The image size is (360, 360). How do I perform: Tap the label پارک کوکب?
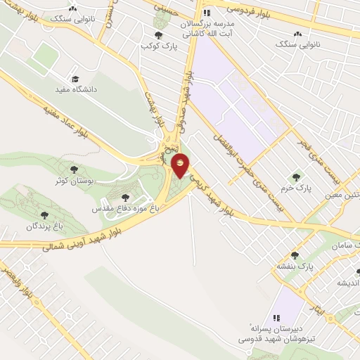(156, 46)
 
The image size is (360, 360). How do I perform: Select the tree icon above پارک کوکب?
(157, 34)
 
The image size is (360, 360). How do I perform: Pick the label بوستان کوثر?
(75, 181)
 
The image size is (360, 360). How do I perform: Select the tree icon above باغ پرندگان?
(45, 214)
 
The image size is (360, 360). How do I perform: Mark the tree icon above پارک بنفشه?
(294, 255)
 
